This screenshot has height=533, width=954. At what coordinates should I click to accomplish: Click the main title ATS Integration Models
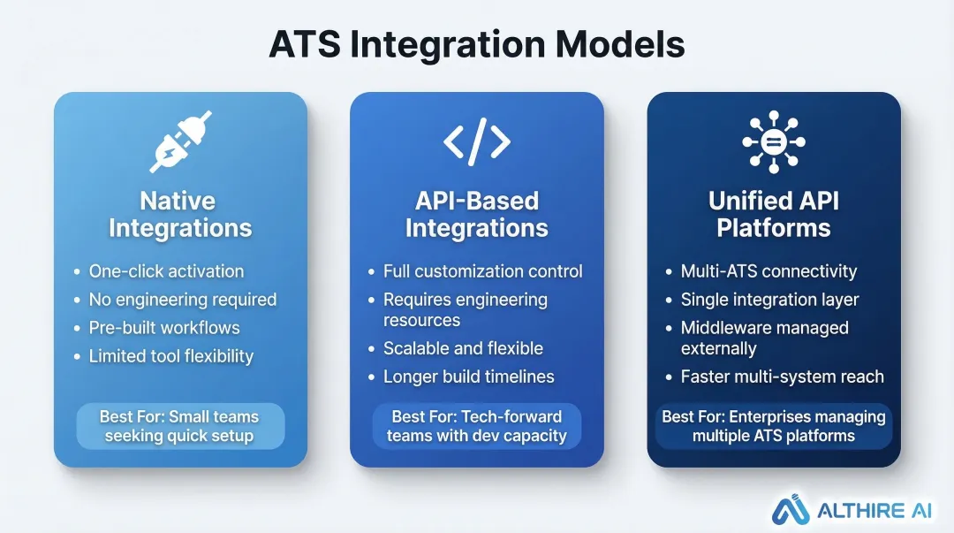(x=477, y=44)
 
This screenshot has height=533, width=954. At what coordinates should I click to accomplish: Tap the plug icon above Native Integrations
(x=180, y=141)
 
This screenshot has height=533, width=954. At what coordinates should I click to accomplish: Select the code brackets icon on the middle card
(x=476, y=141)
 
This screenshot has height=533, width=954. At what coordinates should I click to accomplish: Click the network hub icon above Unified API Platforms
(x=773, y=141)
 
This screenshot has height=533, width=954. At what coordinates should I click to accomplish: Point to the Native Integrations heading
(x=180, y=215)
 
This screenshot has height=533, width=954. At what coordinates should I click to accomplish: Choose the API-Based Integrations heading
(x=476, y=215)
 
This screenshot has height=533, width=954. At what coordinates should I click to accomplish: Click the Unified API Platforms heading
(x=773, y=215)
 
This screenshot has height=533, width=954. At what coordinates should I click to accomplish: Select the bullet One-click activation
(x=166, y=271)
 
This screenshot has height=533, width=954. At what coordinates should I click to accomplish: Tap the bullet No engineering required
(x=182, y=300)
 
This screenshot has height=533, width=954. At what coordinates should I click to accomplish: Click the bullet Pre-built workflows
(x=164, y=328)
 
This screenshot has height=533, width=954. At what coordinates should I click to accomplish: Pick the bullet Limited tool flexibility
(x=170, y=356)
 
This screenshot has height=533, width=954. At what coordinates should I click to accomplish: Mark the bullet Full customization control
(x=482, y=271)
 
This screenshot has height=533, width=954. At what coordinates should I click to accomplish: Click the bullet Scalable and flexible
(x=463, y=348)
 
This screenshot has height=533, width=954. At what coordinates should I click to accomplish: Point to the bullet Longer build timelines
(x=468, y=377)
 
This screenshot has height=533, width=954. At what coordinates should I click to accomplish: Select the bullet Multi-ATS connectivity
(x=768, y=271)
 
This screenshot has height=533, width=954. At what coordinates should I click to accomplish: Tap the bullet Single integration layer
(x=769, y=300)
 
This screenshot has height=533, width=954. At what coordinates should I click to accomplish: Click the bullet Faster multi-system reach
(x=782, y=377)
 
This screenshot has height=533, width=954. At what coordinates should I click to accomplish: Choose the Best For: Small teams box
(x=180, y=426)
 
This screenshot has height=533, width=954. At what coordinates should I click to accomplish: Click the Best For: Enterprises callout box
(x=773, y=426)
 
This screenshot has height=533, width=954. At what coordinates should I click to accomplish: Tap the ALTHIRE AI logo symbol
(x=791, y=510)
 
